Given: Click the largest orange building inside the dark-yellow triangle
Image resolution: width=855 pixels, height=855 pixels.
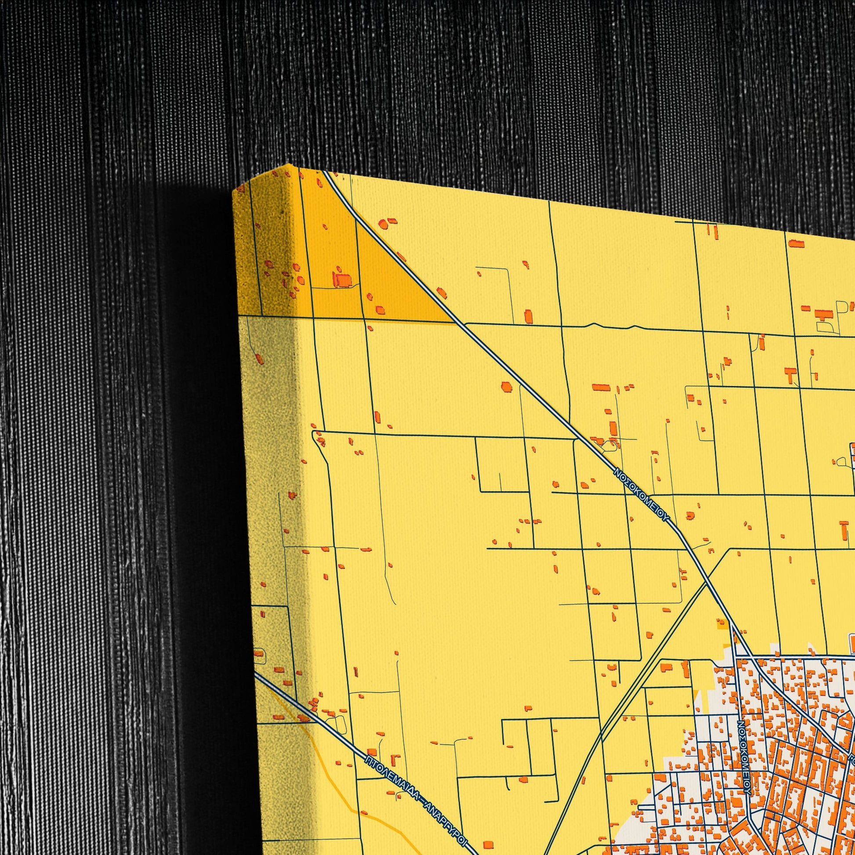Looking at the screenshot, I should pyautogui.click(x=342, y=280).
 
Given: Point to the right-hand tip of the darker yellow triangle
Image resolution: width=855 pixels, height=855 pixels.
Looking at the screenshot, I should pyautogui.click(x=454, y=322).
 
